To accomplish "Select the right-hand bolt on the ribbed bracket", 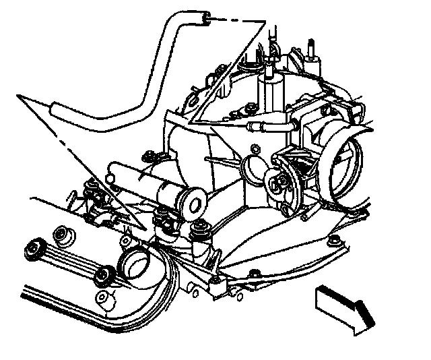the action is [x=104, y=276].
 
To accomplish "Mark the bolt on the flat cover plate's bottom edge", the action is [x=255, y=273].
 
